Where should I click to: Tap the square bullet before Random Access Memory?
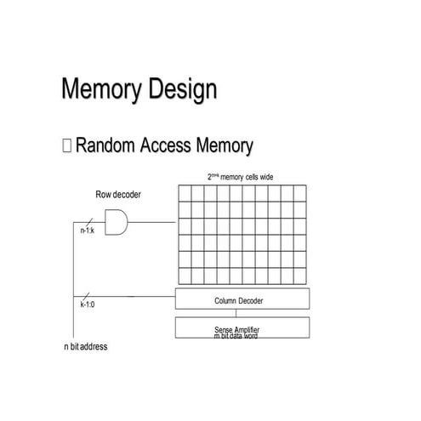click(66, 146)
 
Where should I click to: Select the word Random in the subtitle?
click(108, 146)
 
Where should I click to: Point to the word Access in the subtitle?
click(168, 146)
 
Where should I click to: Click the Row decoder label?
click(118, 195)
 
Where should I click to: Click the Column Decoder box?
click(242, 299)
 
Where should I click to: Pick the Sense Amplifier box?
click(242, 327)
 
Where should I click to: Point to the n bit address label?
click(86, 347)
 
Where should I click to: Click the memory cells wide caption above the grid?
click(242, 177)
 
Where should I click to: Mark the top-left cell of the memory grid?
click(184, 193)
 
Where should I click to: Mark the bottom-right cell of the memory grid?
click(299, 274)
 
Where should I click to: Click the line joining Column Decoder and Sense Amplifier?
click(236, 312)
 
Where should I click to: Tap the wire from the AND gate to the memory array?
click(153, 223)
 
